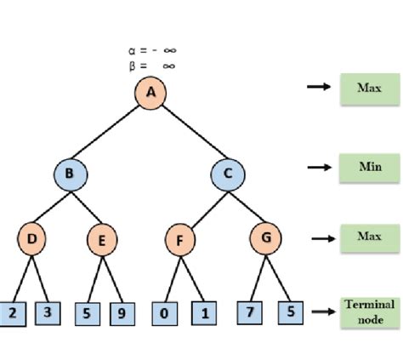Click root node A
(x=150, y=93)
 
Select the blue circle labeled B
(x=71, y=174)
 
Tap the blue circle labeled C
(x=228, y=174)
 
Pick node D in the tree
(x=31, y=239)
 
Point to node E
(x=102, y=240)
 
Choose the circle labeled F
(x=180, y=240)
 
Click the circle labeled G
(x=265, y=238)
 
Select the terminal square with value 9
(x=122, y=314)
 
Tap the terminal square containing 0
(x=165, y=313)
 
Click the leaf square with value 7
(x=250, y=312)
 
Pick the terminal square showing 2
(x=13, y=314)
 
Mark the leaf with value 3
(x=48, y=313)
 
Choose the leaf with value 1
(x=204, y=313)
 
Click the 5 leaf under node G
(x=291, y=312)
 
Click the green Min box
(x=370, y=169)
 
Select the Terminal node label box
(x=370, y=313)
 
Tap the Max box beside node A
(x=370, y=89)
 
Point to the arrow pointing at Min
(x=320, y=168)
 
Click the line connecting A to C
(x=195, y=132)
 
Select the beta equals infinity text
(x=152, y=66)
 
